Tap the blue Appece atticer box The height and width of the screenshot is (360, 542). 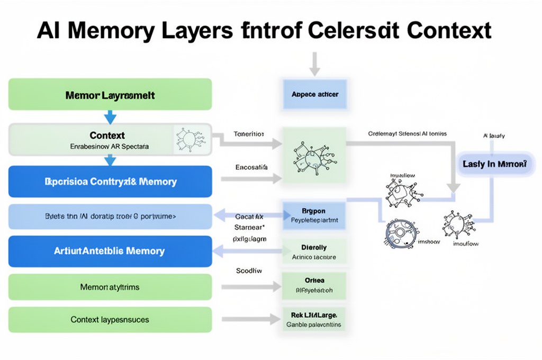tap(315, 94)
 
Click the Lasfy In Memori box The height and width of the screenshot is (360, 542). tap(494, 165)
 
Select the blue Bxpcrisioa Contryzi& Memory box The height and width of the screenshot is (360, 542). tap(110, 182)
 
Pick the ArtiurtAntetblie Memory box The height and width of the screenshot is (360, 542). tap(110, 251)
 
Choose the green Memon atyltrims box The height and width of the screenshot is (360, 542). tap(110, 287)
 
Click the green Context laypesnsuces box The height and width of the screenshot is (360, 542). tap(110, 320)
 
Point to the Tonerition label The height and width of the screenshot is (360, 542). tap(248, 134)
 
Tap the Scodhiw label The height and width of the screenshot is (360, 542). tap(249, 270)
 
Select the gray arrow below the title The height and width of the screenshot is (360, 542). tap(315, 64)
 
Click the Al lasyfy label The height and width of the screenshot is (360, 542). tap(494, 136)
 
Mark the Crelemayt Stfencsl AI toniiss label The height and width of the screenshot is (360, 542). tap(407, 134)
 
